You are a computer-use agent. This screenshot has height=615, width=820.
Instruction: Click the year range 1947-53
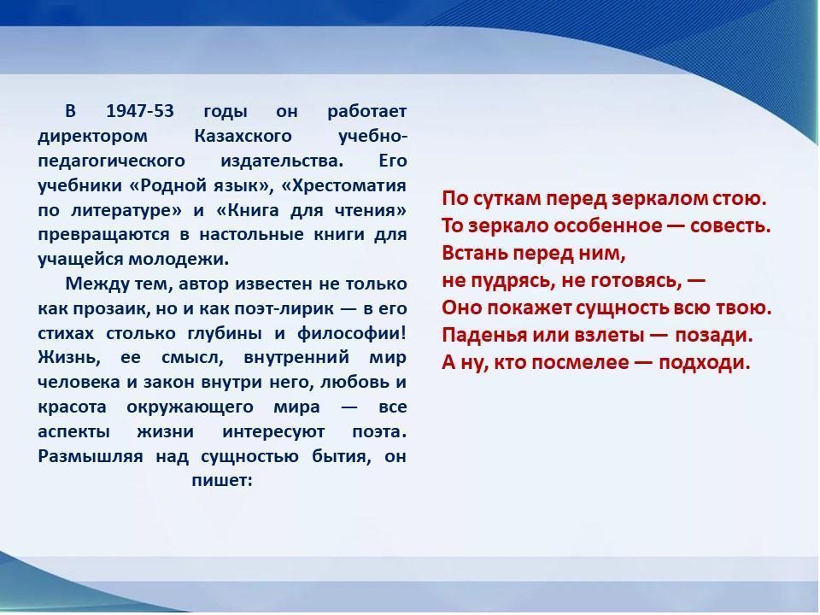point(139,111)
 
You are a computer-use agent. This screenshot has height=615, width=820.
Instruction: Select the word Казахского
point(243,136)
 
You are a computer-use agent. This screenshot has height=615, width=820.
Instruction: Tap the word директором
point(92,137)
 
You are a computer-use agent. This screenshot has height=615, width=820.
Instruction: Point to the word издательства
point(283,161)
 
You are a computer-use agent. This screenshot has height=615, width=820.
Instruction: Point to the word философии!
point(351,334)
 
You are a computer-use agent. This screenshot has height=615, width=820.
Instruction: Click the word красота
point(72,407)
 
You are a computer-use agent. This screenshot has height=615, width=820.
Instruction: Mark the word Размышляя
point(90,457)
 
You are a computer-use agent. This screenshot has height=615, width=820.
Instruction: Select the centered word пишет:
point(222,481)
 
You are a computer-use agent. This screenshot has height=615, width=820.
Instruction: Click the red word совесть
point(730,225)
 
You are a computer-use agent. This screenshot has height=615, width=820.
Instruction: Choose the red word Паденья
point(484,335)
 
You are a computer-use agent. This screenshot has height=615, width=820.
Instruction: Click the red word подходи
point(705,362)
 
